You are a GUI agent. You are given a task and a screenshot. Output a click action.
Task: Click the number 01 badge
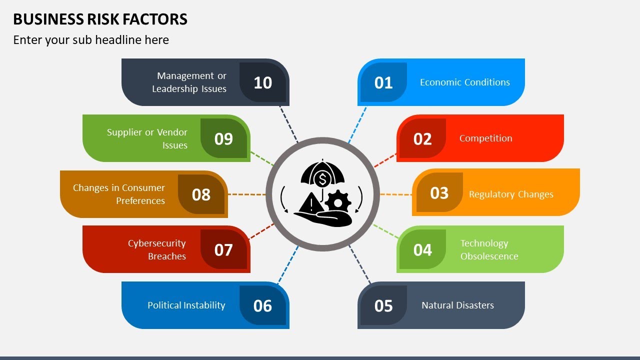point(383,82)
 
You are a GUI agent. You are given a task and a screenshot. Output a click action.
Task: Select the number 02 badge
point(422,138)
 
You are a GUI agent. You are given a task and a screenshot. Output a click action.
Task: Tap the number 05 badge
point(383,305)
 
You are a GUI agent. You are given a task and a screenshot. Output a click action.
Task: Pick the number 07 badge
point(223,249)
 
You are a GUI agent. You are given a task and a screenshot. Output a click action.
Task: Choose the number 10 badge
point(262,82)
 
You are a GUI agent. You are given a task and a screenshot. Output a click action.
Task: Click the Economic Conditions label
point(464,82)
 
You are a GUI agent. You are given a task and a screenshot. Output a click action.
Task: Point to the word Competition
point(485,138)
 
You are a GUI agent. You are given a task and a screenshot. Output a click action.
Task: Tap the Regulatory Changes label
point(511,194)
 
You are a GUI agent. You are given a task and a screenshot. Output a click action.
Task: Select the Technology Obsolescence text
point(489,250)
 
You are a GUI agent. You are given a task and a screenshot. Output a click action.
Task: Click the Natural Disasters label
point(457,305)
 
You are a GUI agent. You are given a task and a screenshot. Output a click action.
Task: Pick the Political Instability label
point(186,305)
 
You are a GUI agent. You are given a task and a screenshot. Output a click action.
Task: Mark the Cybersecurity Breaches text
point(157,250)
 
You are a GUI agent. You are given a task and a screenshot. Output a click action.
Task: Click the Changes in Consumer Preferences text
point(119,194)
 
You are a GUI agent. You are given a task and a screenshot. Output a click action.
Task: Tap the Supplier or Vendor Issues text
point(147,139)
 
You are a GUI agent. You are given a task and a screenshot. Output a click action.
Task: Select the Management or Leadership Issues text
point(189,82)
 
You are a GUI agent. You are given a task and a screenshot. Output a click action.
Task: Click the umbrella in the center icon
point(323,173)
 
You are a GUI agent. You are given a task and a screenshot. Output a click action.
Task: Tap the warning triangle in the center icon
point(311,203)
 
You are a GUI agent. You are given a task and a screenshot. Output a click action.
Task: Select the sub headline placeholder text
point(91,40)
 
